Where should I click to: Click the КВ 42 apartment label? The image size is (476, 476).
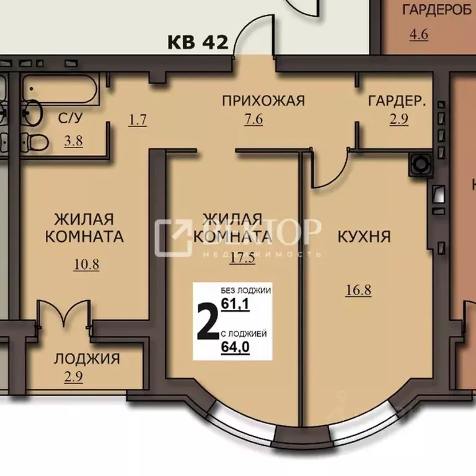[x=198, y=42]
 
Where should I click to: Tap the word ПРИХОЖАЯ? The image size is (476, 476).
[x=255, y=100]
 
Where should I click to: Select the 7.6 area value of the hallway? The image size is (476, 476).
[x=254, y=120]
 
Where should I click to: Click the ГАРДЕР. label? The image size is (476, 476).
[x=397, y=100]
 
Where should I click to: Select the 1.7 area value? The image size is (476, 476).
[x=138, y=120]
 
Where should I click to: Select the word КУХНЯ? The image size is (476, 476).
[x=364, y=237]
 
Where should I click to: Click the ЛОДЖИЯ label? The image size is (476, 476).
[x=87, y=358]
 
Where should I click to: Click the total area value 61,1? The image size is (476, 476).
[x=235, y=304]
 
